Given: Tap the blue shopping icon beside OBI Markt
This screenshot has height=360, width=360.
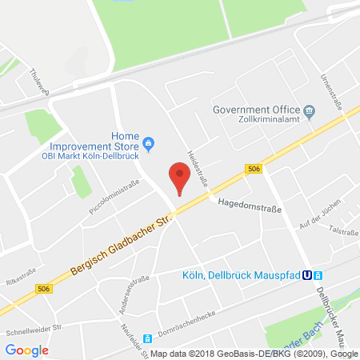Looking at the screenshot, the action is click(149, 144).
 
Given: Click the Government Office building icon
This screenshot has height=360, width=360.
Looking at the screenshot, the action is click(308, 110).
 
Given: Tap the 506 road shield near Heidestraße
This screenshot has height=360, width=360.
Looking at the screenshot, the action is click(254, 168).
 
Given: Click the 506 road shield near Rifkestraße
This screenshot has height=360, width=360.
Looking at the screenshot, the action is click(43, 290).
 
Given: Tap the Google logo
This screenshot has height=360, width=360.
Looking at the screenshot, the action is click(27, 350).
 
